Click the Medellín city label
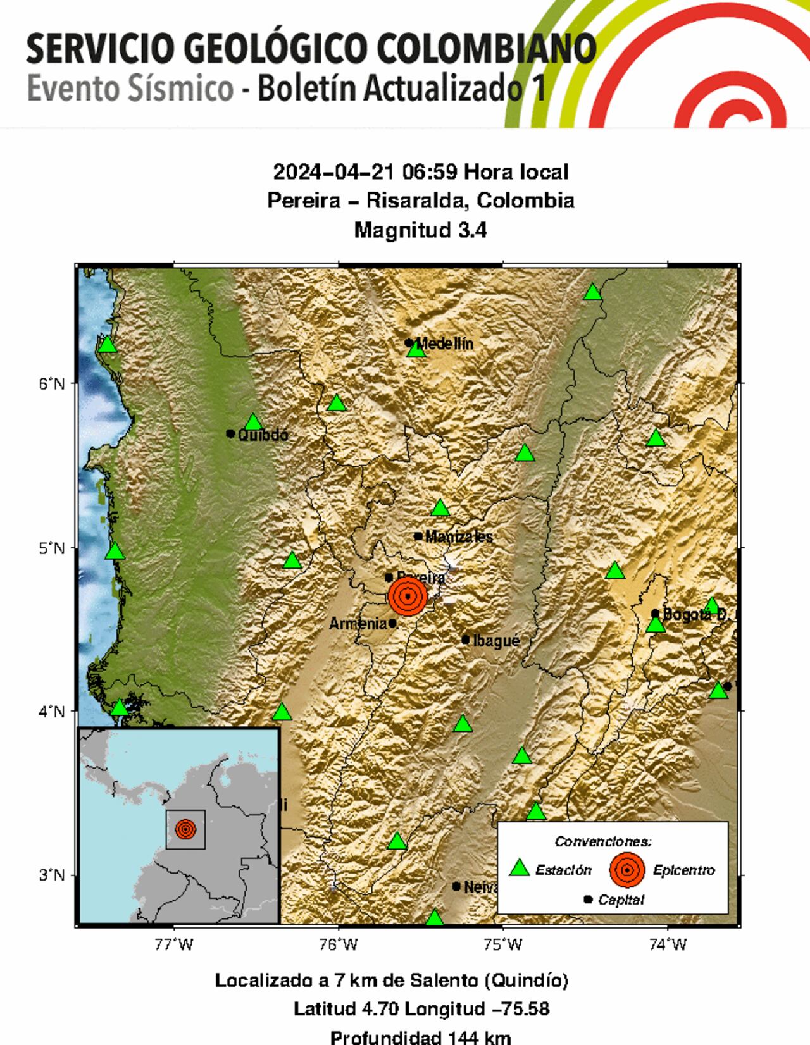click(445, 344)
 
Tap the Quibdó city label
click(263, 435)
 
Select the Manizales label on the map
click(459, 537)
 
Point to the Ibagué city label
click(497, 641)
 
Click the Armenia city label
click(358, 624)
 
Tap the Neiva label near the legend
click(482, 887)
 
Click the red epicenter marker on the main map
click(408, 596)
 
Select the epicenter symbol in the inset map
click(185, 829)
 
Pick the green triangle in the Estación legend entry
click(520, 868)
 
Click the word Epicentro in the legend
click(683, 870)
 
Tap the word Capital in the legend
click(621, 900)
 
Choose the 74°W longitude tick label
click(667, 945)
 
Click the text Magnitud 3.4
click(420, 230)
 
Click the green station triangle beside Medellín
click(416, 349)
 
